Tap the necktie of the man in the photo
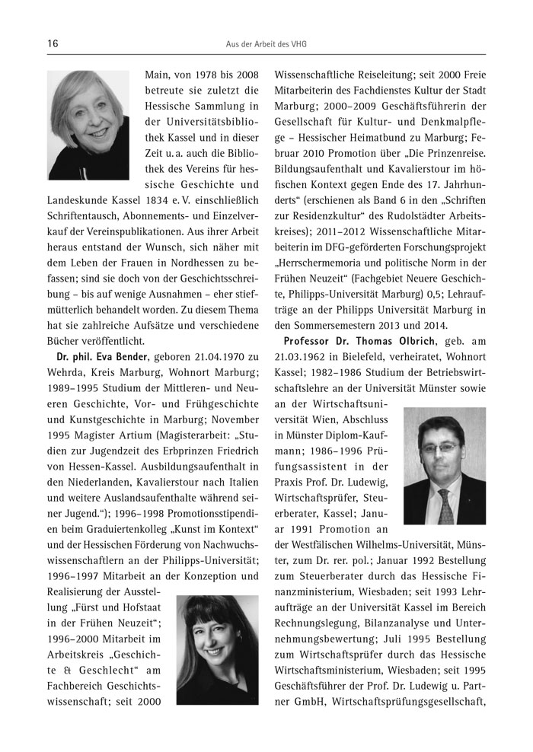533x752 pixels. click(445, 507)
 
